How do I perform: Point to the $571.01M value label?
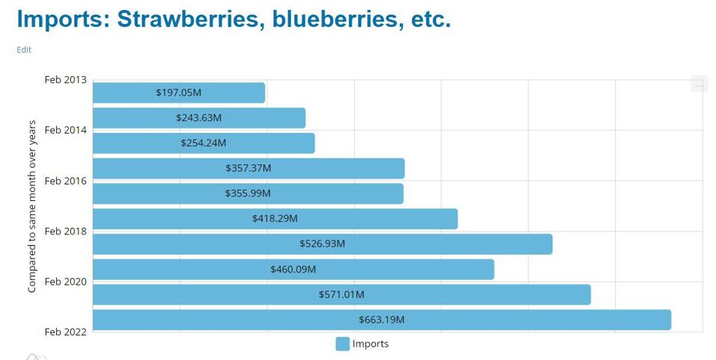tap(342, 294)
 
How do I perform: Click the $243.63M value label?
tap(199, 118)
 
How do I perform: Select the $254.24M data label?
tap(203, 143)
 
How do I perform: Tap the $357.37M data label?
tap(248, 168)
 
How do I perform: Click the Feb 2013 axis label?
tap(66, 80)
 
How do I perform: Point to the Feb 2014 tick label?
tap(66, 130)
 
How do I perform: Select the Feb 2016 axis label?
tap(66, 181)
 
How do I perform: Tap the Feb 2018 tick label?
tap(66, 232)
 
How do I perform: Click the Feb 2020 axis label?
tap(66, 282)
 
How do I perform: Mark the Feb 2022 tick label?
tap(66, 332)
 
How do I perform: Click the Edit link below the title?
tap(24, 50)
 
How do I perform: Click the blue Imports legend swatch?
tap(342, 344)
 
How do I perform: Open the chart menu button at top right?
tap(699, 84)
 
